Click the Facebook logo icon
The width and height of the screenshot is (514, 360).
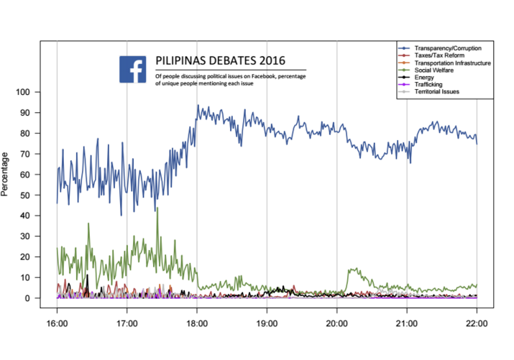click(133, 69)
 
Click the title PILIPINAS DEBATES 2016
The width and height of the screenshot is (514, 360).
click(220, 62)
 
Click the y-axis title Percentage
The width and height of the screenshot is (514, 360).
click(6, 174)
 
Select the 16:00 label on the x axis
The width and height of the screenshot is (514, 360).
click(57, 323)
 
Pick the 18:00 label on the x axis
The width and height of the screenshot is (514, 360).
click(197, 323)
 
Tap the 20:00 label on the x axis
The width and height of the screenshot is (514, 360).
click(336, 323)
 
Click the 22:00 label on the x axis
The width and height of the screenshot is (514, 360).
click(476, 323)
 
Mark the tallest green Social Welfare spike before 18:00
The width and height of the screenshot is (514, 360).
click(157, 209)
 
